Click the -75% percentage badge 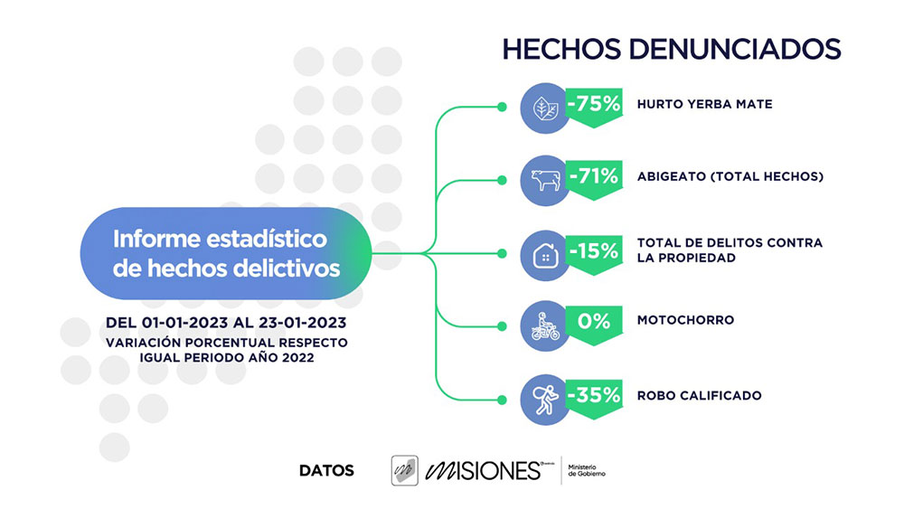pos(594,104)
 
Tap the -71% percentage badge pos(594,176)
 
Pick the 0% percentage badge pos(594,321)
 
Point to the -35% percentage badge pos(594,394)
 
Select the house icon pos(545,255)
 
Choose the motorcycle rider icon pos(545,327)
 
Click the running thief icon pos(545,401)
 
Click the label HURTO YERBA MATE pos(704,105)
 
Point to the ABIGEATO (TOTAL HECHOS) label pos(730,177)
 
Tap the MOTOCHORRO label pos(685,320)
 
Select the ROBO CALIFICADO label pos(699,395)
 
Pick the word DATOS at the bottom pos(326,470)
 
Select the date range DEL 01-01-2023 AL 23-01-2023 pos(226,323)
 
